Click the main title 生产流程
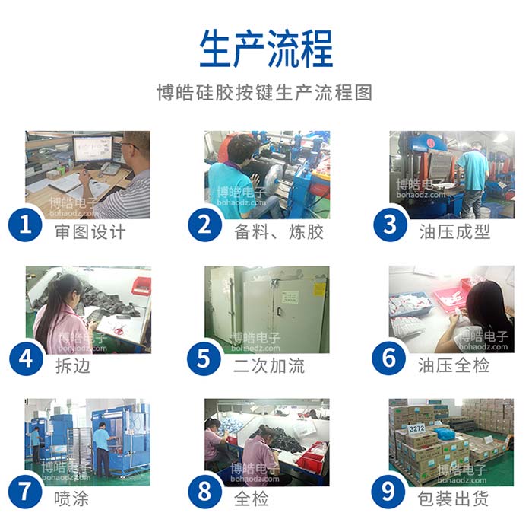266,49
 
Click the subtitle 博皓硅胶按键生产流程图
265,94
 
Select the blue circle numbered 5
207,358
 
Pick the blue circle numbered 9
390,492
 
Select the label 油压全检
454,365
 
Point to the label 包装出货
454,499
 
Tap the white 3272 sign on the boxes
416,428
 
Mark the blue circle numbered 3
390,225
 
